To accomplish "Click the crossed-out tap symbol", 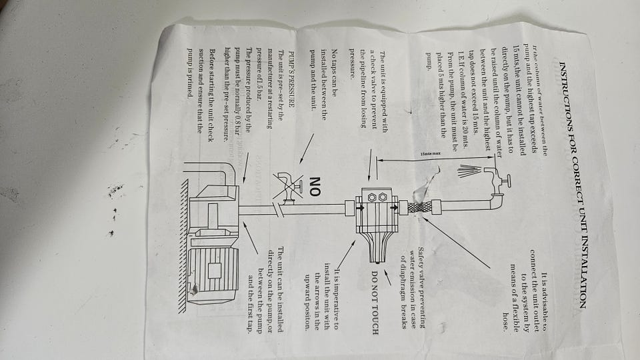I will click(x=287, y=186).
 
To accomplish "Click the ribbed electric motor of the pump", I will click(x=213, y=270).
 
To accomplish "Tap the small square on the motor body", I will click(x=215, y=270).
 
